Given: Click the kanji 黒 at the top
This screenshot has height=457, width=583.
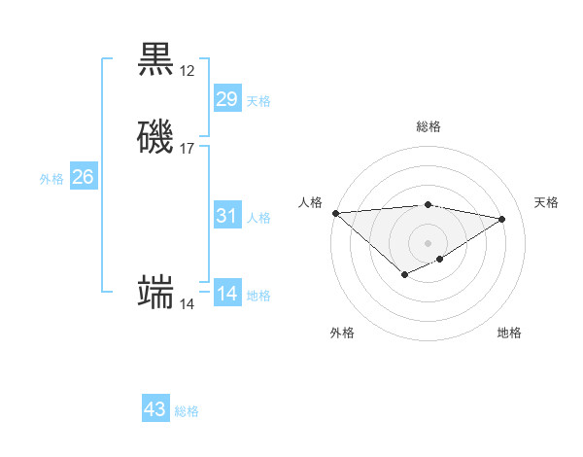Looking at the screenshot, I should tap(156, 58).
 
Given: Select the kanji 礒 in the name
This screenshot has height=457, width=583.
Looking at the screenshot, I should tap(156, 136).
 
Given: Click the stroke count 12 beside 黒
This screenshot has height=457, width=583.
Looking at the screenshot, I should tap(187, 71).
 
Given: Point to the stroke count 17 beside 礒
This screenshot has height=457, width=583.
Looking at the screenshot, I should tap(187, 149).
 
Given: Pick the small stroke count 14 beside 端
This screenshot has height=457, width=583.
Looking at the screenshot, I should tap(187, 304).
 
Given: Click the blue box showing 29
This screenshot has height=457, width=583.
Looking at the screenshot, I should tap(226, 99).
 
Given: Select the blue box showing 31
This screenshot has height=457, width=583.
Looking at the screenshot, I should tap(226, 216).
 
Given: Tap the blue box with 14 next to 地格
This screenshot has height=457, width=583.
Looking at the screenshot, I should tap(226, 294).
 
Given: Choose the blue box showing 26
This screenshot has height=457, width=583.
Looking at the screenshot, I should tap(83, 177).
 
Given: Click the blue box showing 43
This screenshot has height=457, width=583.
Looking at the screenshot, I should tap(154, 409).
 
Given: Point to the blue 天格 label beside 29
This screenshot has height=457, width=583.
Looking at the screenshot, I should tap(258, 101).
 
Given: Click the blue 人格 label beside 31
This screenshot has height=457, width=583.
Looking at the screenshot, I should tap(258, 218).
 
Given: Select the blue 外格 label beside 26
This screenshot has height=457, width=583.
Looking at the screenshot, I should tap(51, 179).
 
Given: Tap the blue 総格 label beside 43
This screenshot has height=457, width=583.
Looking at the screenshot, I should tap(187, 411).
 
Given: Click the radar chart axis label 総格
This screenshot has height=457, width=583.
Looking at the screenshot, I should tap(428, 126).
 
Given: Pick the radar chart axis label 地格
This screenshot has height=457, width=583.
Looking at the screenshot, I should tap(509, 333).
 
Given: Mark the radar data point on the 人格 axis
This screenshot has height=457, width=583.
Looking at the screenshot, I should tap(335, 213).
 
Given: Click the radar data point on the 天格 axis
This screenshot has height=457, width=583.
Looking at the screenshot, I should tap(502, 219).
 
